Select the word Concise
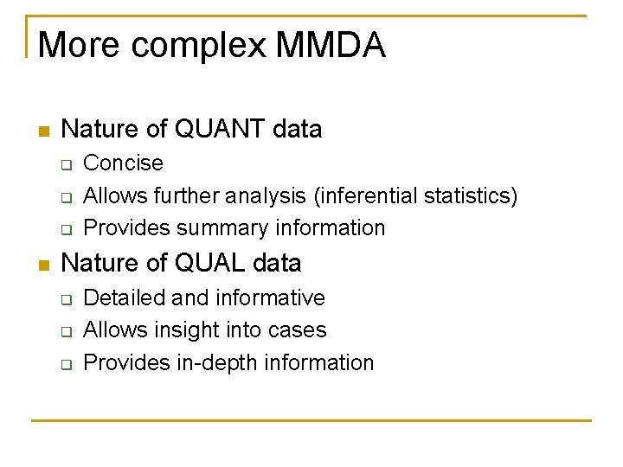pyautogui.click(x=123, y=163)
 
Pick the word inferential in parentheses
pyautogui.click(x=362, y=195)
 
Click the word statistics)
pyautogui.click(x=471, y=195)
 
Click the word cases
pyautogui.click(x=299, y=329)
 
